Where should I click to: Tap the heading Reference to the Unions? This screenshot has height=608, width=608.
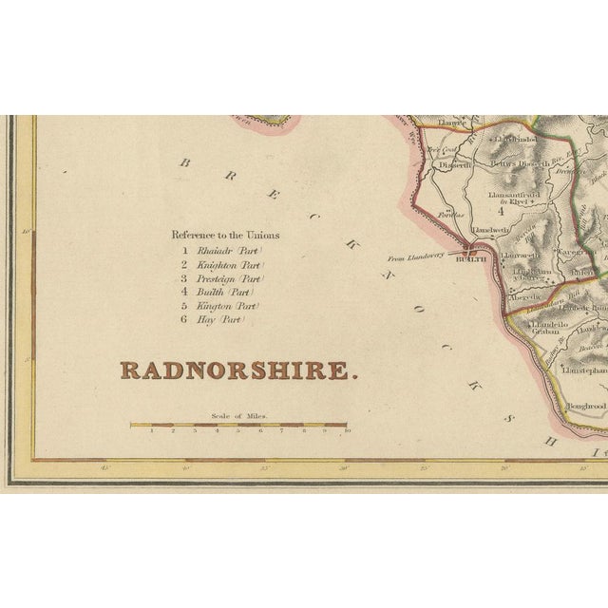point(233,234)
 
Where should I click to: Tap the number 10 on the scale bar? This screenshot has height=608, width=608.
point(348,431)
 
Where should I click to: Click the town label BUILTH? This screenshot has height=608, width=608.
point(471,259)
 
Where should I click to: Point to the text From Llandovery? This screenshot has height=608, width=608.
point(415,257)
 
